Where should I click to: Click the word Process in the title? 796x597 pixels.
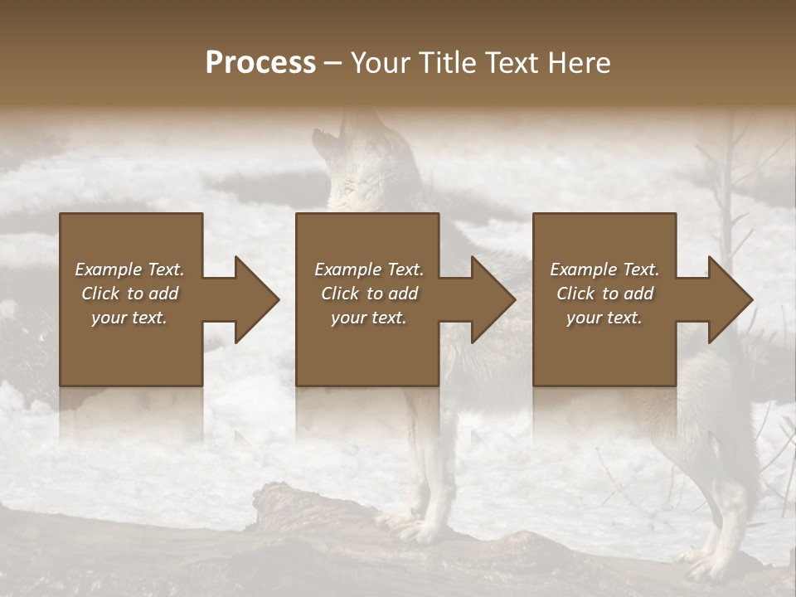(x=260, y=63)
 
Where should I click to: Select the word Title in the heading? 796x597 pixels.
(x=449, y=63)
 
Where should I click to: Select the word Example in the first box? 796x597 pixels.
(x=108, y=269)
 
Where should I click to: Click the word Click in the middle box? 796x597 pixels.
(x=339, y=294)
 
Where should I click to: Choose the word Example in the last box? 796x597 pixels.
(x=583, y=269)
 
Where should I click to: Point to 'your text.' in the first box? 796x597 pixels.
(x=129, y=318)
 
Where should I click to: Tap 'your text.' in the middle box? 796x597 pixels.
(x=369, y=318)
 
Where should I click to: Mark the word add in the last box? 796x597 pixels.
(x=638, y=294)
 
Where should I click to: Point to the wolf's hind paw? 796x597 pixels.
(x=705, y=564)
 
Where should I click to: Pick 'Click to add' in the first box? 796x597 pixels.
(x=129, y=294)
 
